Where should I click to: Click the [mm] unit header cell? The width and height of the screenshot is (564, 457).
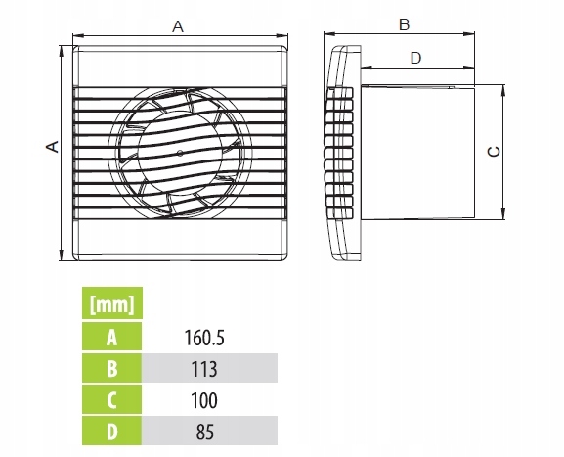(x=112, y=303)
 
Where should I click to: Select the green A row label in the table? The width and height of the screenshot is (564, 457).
(x=111, y=337)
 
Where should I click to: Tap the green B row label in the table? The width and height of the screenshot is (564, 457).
(x=111, y=368)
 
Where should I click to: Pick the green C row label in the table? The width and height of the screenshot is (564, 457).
(x=111, y=399)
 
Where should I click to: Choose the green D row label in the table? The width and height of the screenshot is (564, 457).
(x=111, y=431)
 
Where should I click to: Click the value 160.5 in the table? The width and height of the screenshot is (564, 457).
(x=204, y=338)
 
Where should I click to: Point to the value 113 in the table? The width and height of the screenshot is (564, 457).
(x=204, y=369)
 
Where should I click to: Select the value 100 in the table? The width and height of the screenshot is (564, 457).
(x=204, y=400)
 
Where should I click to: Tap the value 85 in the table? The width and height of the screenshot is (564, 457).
(x=204, y=432)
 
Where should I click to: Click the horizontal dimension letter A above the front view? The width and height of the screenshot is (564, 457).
(x=178, y=26)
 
